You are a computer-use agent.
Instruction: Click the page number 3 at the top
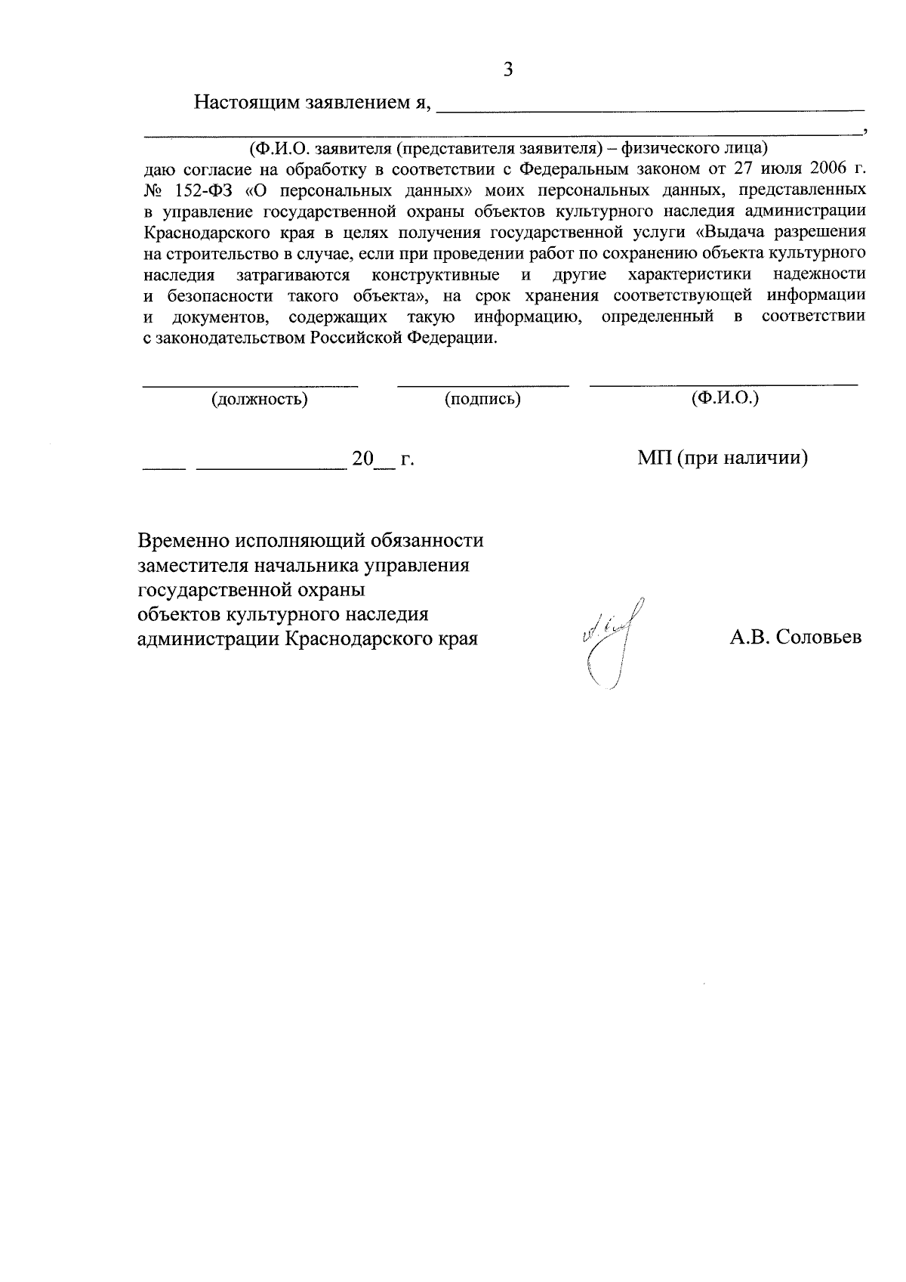pos(508,70)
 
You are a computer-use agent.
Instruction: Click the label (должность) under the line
pos(259,399)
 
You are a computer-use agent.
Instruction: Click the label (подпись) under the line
pos(482,399)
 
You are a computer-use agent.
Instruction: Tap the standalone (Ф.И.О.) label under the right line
pos(724,397)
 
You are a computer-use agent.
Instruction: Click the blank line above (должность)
pos(251,386)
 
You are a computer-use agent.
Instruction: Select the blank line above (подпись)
pos(482,386)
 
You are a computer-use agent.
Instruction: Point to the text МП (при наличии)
pos(723,458)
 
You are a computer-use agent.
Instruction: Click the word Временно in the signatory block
pos(184,541)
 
